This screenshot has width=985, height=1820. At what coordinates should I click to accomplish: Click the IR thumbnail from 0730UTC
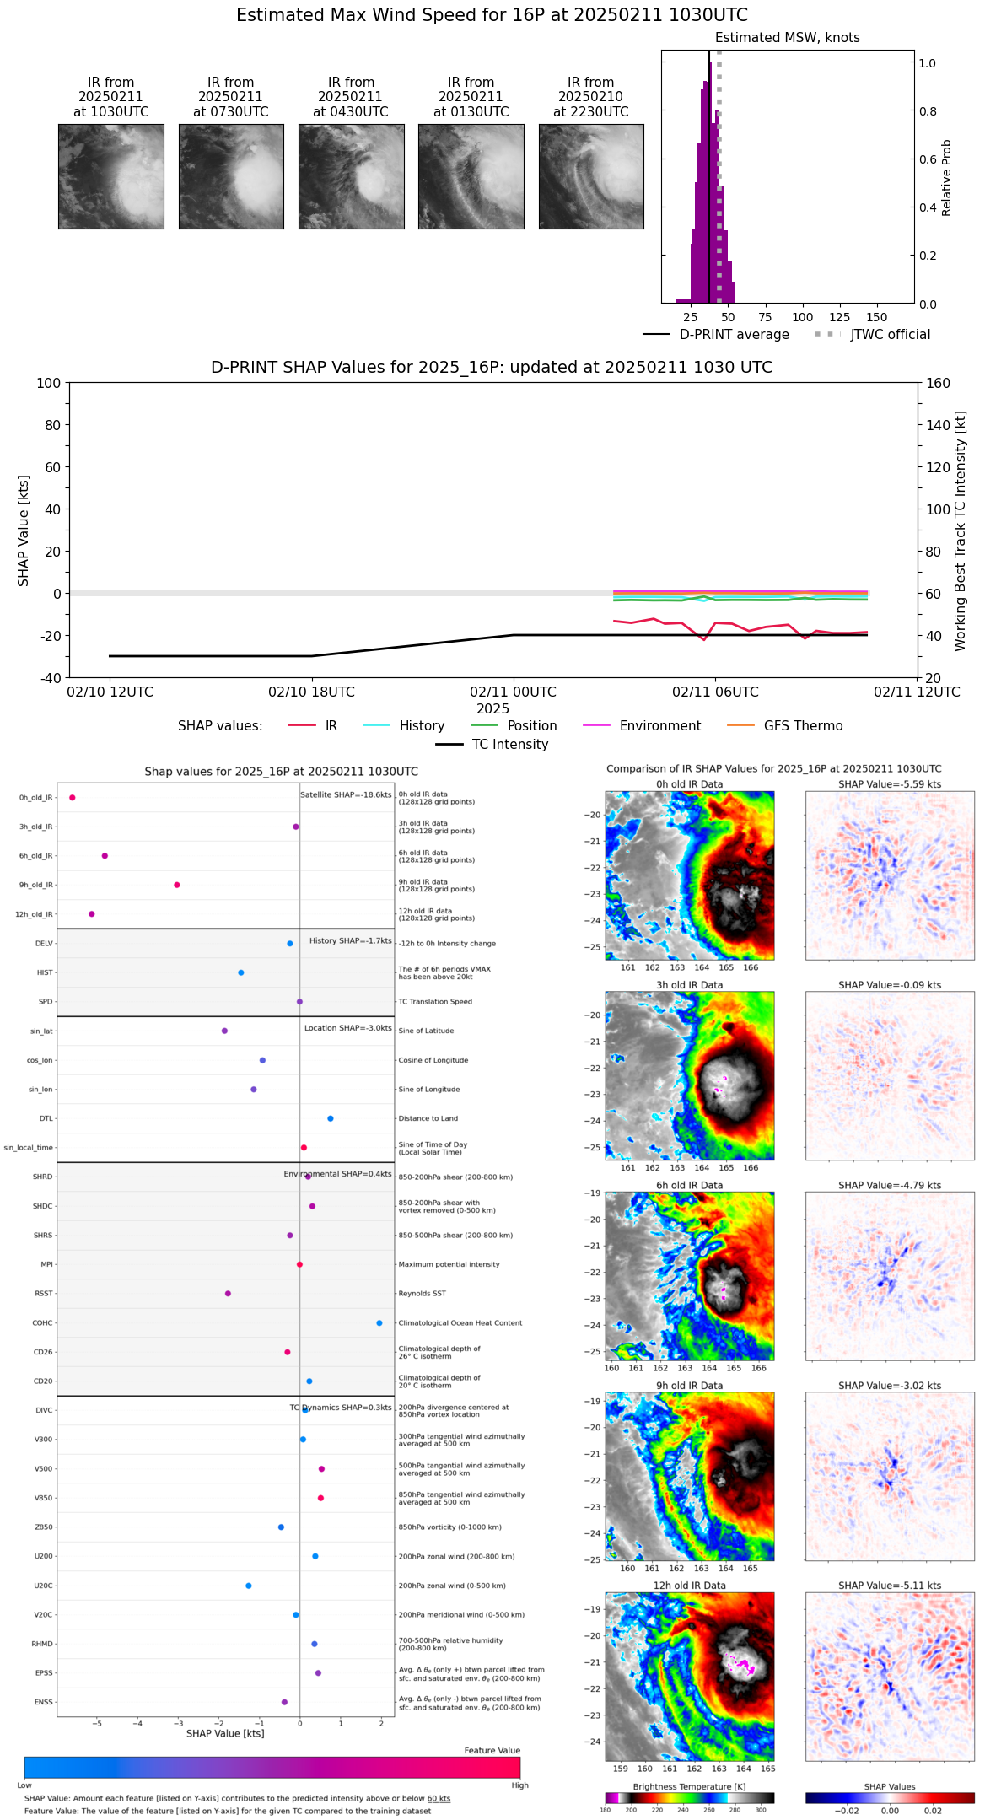pyautogui.click(x=231, y=176)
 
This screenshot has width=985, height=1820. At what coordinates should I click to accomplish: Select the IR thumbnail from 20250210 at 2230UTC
pyautogui.click(x=591, y=176)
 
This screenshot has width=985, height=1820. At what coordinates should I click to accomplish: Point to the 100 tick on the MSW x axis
pyautogui.click(x=802, y=317)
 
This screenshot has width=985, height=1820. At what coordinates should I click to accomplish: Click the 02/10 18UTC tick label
pyautogui.click(x=311, y=692)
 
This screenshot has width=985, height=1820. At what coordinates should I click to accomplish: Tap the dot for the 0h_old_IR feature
pyautogui.click(x=73, y=797)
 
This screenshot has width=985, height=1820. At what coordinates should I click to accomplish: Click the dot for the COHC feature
pyautogui.click(x=379, y=1322)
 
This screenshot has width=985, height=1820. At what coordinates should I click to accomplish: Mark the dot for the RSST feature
pyautogui.click(x=228, y=1293)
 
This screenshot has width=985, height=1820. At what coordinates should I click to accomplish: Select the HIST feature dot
pyautogui.click(x=241, y=972)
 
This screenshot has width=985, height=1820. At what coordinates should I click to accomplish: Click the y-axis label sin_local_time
pyautogui.click(x=29, y=1148)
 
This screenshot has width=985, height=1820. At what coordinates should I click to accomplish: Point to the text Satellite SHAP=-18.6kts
pyautogui.click(x=346, y=795)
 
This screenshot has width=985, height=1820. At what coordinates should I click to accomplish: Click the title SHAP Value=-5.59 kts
pyautogui.click(x=890, y=784)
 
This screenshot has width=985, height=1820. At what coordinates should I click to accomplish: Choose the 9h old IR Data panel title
pyautogui.click(x=689, y=1386)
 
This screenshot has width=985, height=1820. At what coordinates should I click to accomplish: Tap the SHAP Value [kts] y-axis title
pyautogui.click(x=24, y=530)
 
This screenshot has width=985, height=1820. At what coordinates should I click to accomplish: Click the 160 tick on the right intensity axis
pyautogui.click(x=939, y=384)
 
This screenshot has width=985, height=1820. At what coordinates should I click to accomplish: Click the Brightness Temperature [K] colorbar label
pyautogui.click(x=689, y=1786)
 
